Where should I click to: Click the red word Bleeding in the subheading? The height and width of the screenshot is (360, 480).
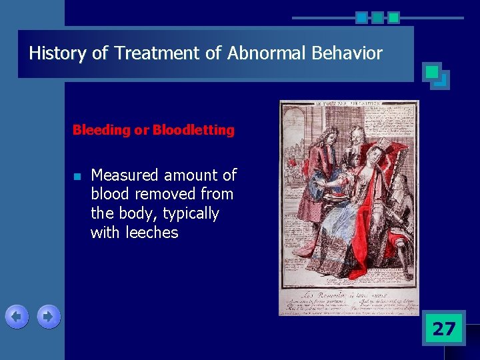pyautogui.click(x=101, y=130)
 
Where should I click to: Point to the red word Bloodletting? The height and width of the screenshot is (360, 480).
pyautogui.click(x=193, y=130)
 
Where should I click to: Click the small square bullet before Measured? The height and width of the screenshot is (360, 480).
pyautogui.click(x=77, y=177)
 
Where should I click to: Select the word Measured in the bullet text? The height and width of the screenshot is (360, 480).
pyautogui.click(x=125, y=175)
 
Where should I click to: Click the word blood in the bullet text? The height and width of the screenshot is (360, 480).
pyautogui.click(x=110, y=195)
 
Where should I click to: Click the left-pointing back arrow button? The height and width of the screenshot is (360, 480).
pyautogui.click(x=17, y=317)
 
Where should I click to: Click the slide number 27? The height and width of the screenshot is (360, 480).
pyautogui.click(x=443, y=329)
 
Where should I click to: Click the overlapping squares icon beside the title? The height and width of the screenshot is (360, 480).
pyautogui.click(x=436, y=76)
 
